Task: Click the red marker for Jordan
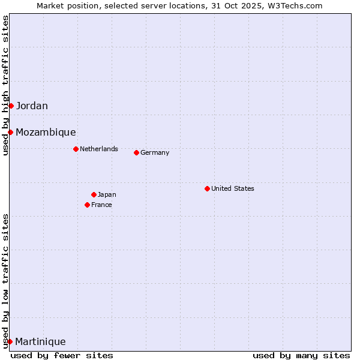click(x=11, y=106)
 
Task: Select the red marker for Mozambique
click(x=10, y=132)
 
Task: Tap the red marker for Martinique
click(x=10, y=341)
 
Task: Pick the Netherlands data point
click(x=76, y=149)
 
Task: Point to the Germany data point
click(x=136, y=152)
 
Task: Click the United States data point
click(x=207, y=188)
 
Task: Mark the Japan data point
click(x=94, y=194)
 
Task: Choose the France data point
click(x=87, y=205)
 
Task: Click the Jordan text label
click(x=32, y=106)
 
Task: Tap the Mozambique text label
click(x=46, y=133)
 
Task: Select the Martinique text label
click(x=40, y=342)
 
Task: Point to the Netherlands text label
click(x=99, y=149)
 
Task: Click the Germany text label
click(x=155, y=152)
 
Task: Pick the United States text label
click(x=233, y=188)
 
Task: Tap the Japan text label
click(x=107, y=194)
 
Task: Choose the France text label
click(x=101, y=205)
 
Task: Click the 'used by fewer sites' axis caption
click(x=62, y=355)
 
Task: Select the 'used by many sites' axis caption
click(x=301, y=355)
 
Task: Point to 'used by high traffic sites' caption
click(x=5, y=86)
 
